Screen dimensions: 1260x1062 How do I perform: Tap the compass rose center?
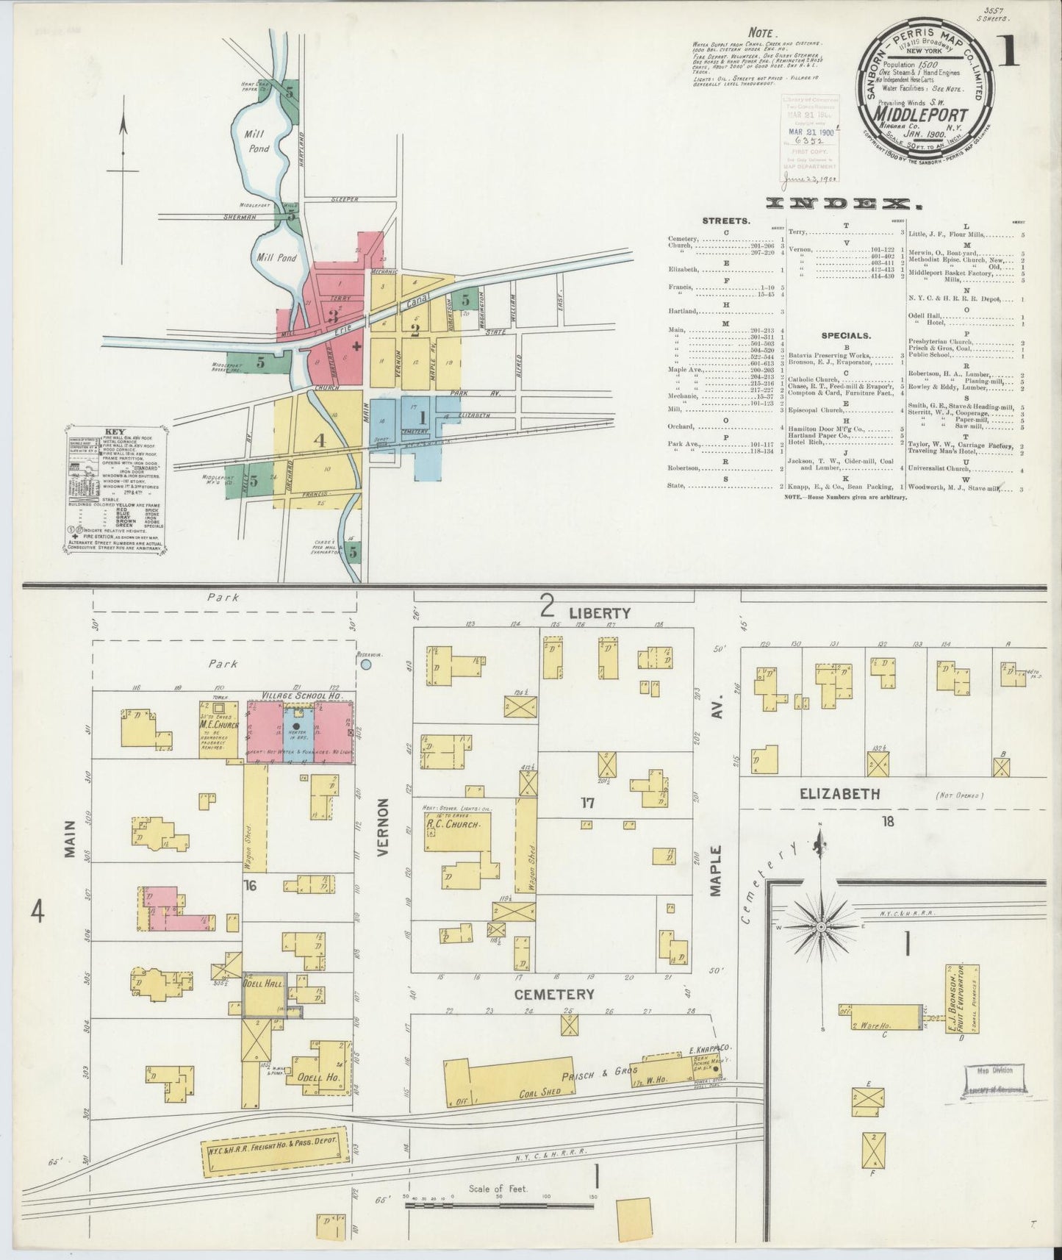(x=821, y=928)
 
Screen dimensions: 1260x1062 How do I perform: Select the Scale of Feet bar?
(x=500, y=1205)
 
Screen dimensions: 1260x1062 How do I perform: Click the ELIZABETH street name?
(x=840, y=794)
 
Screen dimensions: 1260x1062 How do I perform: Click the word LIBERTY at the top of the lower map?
(x=600, y=612)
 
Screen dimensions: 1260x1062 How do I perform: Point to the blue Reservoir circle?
(x=366, y=665)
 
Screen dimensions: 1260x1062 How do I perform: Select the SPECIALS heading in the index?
(x=846, y=335)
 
